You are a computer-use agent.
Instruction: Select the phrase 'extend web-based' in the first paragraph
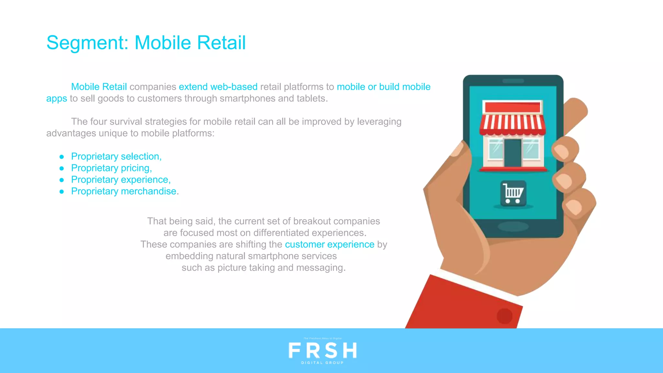pyautogui.click(x=218, y=87)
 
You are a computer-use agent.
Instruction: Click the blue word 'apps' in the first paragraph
pyautogui.click(x=56, y=98)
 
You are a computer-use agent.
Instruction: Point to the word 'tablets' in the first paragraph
pyautogui.click(x=311, y=98)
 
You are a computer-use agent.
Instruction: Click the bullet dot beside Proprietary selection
pyautogui.click(x=62, y=157)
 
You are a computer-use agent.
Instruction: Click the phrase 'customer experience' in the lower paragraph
pyautogui.click(x=330, y=244)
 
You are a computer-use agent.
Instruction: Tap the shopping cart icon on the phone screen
pyautogui.click(x=513, y=193)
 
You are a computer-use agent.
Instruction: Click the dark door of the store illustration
pyautogui.click(x=513, y=153)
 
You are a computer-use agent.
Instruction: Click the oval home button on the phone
pyautogui.click(x=513, y=226)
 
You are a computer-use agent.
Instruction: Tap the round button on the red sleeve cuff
pyautogui.click(x=504, y=316)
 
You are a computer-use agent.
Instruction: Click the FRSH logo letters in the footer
pyautogui.click(x=322, y=351)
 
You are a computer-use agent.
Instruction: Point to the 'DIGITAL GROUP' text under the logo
pyautogui.click(x=322, y=363)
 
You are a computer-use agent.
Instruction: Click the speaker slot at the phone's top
pyautogui.click(x=513, y=81)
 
